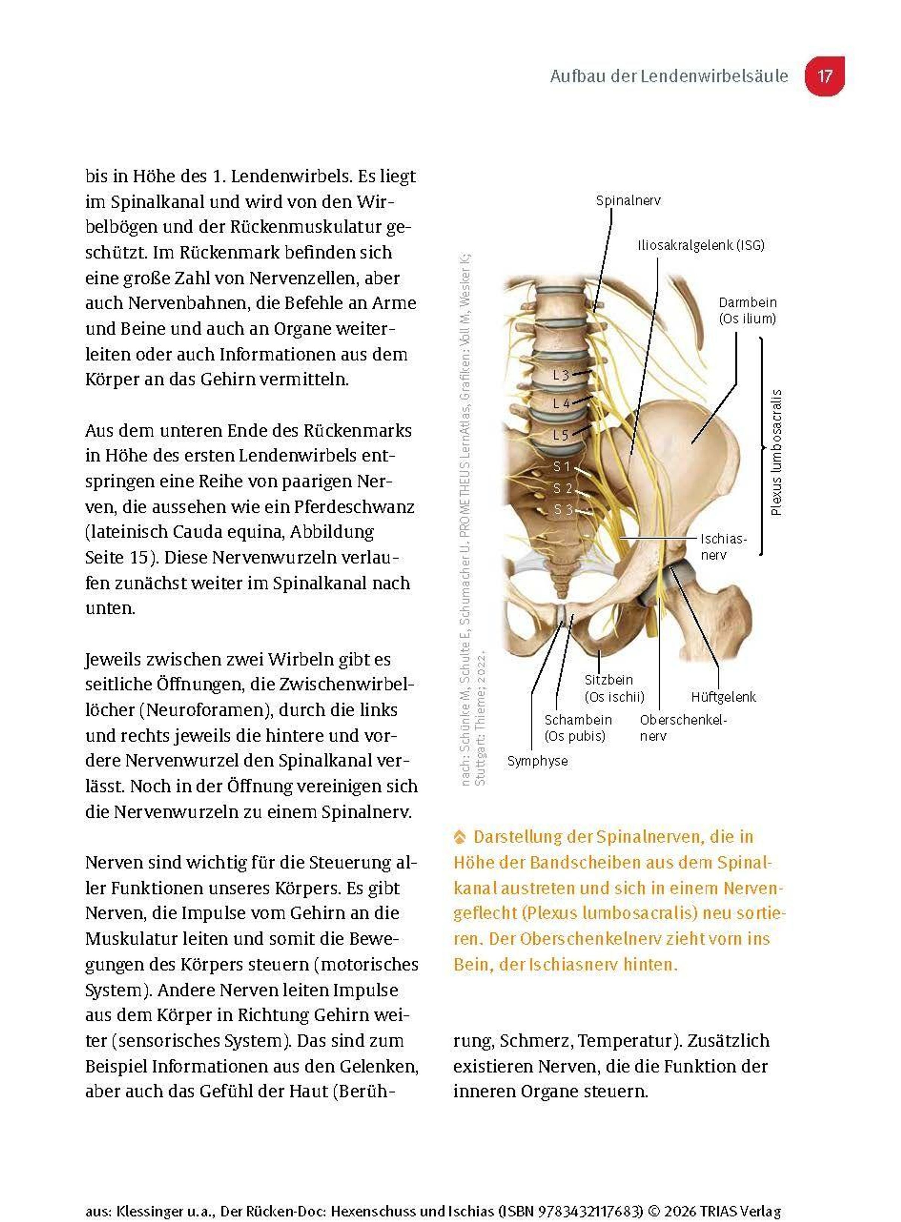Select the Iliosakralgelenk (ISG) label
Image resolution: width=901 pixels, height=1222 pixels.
tap(701, 245)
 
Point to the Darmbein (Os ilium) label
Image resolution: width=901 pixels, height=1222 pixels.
tap(747, 310)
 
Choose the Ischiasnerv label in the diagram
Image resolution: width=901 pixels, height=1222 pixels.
tap(723, 547)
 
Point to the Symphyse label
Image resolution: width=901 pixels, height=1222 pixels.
tap(537, 761)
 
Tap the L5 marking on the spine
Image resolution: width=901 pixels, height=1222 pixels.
tap(560, 435)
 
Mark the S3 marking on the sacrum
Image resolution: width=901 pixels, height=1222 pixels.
tap(563, 510)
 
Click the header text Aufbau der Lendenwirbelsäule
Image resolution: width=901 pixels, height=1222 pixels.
tap(669, 76)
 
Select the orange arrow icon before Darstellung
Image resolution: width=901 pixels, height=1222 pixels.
tap(460, 837)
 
